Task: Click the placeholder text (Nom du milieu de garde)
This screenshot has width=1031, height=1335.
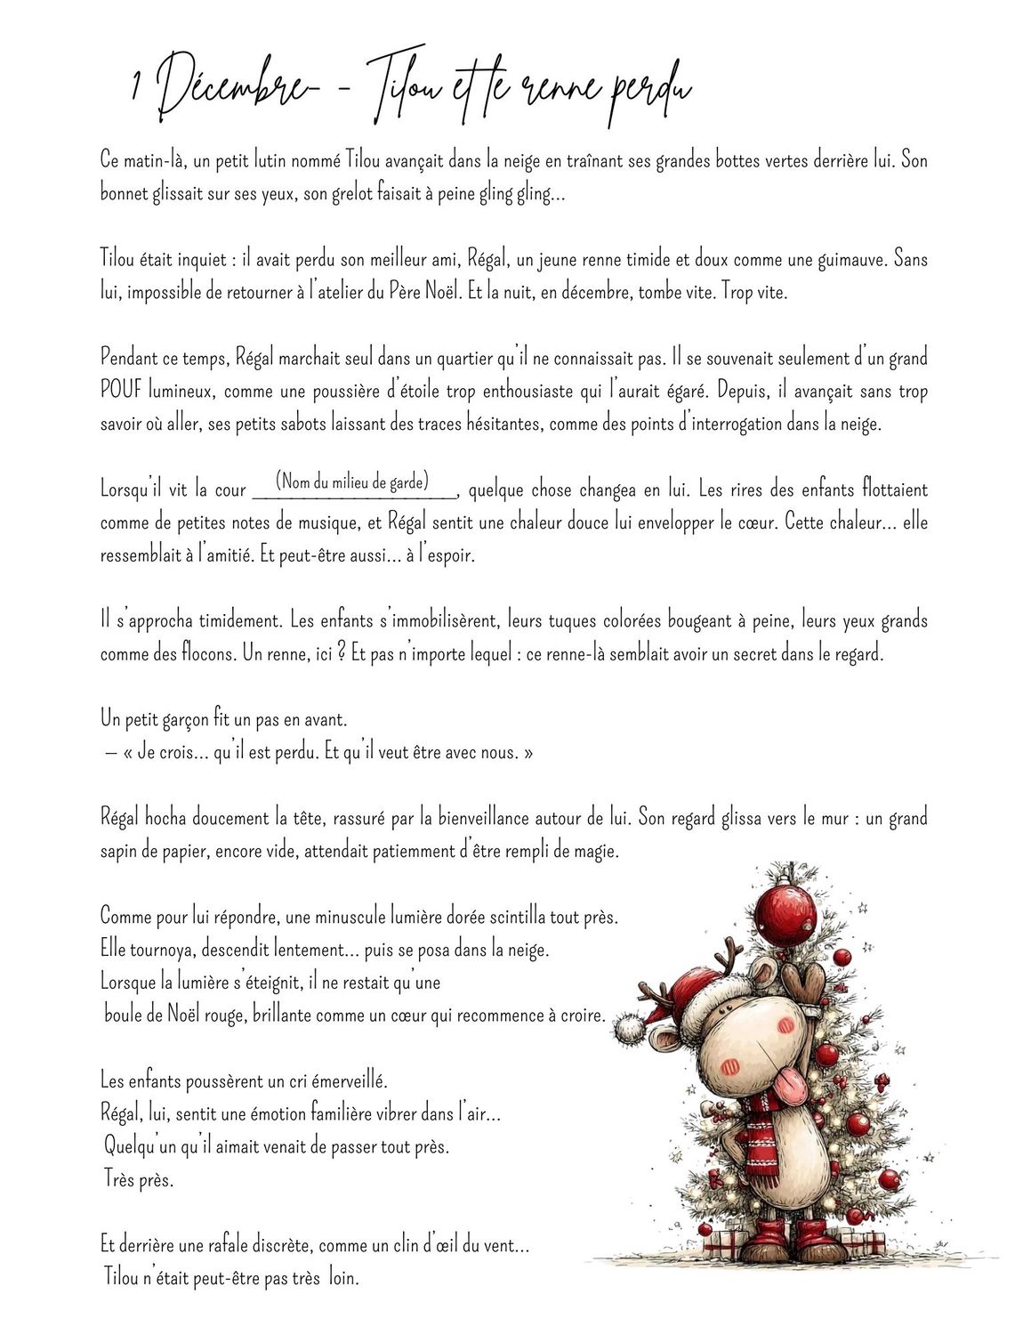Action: (x=352, y=482)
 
